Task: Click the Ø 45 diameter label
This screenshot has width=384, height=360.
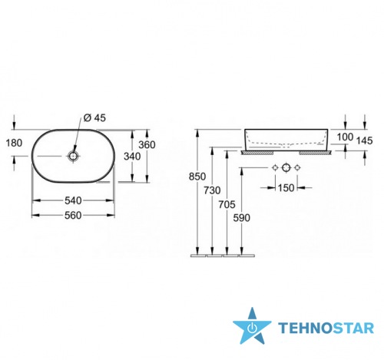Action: click(94, 118)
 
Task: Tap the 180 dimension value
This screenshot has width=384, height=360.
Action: click(14, 143)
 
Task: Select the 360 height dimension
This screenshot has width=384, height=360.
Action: click(147, 145)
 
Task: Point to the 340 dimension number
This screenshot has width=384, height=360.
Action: click(132, 156)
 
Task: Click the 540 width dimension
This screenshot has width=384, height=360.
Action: click(73, 200)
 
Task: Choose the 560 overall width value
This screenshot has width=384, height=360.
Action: click(73, 216)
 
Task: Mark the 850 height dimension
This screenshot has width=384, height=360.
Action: click(197, 177)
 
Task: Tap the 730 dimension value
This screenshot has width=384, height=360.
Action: click(212, 190)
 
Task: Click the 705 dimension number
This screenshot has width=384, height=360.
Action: click(227, 204)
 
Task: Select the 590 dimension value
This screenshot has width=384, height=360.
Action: click(242, 218)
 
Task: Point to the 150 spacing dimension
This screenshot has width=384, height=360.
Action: click(286, 188)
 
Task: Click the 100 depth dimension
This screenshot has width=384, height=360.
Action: click(345, 137)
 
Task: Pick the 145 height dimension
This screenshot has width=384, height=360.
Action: click(364, 140)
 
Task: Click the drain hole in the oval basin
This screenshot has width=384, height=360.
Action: click(73, 156)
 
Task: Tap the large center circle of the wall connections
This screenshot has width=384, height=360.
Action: click(286, 167)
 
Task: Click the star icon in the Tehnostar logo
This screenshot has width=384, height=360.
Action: click(252, 326)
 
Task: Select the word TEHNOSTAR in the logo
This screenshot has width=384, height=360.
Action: click(326, 328)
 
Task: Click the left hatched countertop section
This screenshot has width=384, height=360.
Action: click(257, 153)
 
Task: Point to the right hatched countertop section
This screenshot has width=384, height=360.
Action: click(316, 153)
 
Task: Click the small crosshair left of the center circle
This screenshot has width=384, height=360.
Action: click(275, 167)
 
